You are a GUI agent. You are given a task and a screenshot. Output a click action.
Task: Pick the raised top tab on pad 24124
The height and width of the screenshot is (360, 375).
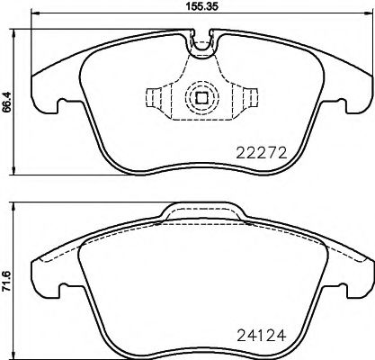point(201,212)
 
